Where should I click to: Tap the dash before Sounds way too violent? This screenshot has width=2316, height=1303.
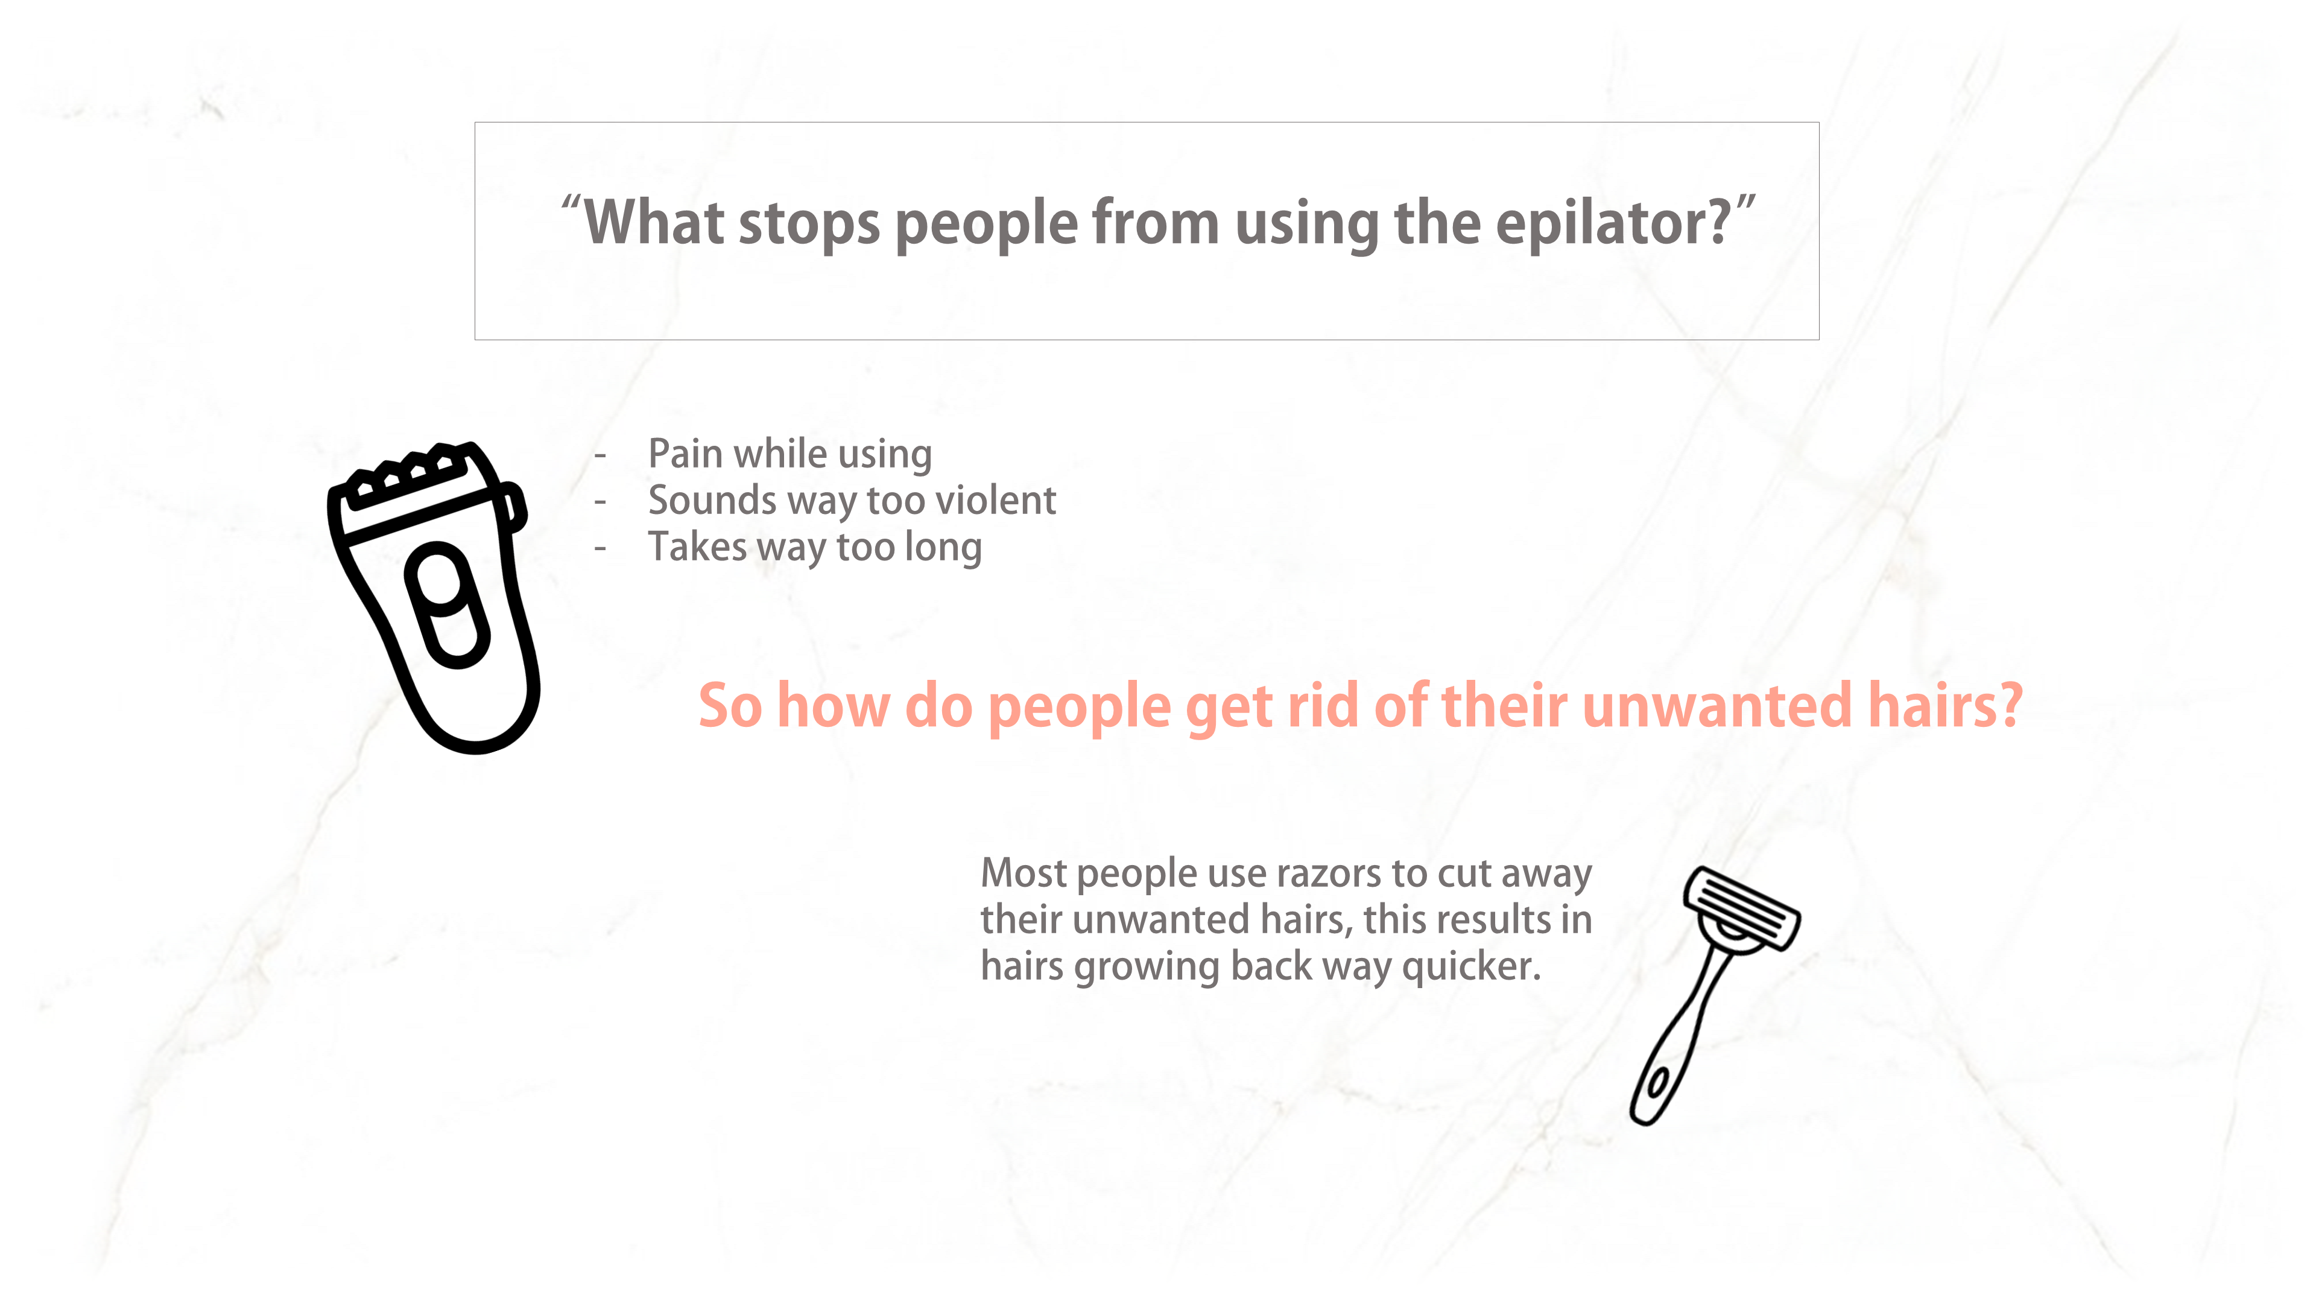point(600,502)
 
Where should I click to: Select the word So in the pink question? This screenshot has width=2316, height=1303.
point(730,706)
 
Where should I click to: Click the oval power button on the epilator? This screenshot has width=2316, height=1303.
point(447,605)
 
